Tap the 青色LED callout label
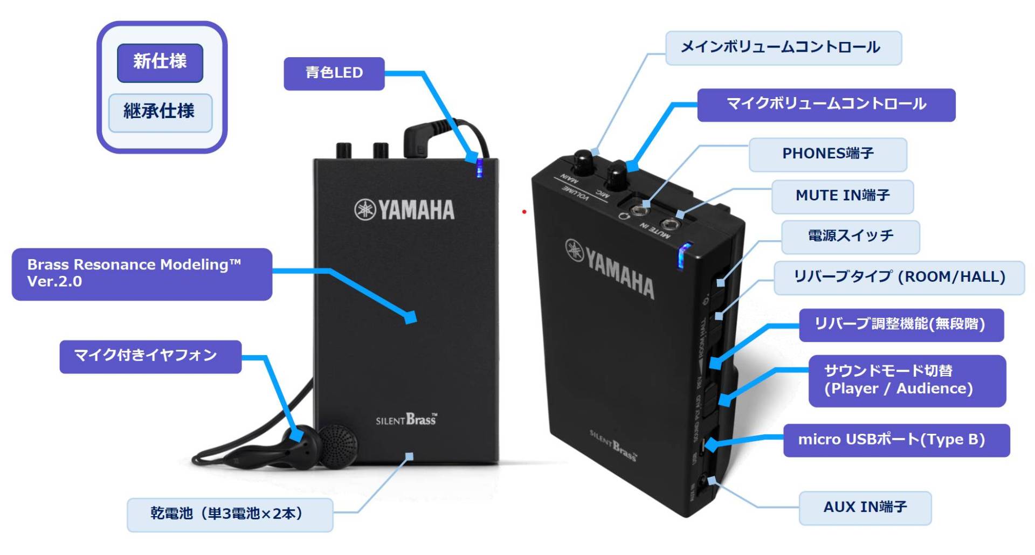pos(334,73)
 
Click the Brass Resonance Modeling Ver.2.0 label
pos(141,274)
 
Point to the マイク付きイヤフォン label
pos(150,356)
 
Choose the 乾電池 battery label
pos(230,514)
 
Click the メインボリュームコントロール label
pos(783,48)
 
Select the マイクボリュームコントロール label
pos(826,105)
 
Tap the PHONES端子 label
pos(827,154)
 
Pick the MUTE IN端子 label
pos(842,196)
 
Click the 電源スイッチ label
pos(850,237)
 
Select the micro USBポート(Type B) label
pos(895,440)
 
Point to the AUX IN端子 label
pos(865,508)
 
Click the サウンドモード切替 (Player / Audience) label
pos(907,380)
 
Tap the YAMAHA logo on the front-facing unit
pos(404,210)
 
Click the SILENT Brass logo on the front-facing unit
pos(406,420)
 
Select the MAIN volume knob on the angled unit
pos(582,161)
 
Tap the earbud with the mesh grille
pos(339,445)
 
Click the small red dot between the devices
pos(524,212)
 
